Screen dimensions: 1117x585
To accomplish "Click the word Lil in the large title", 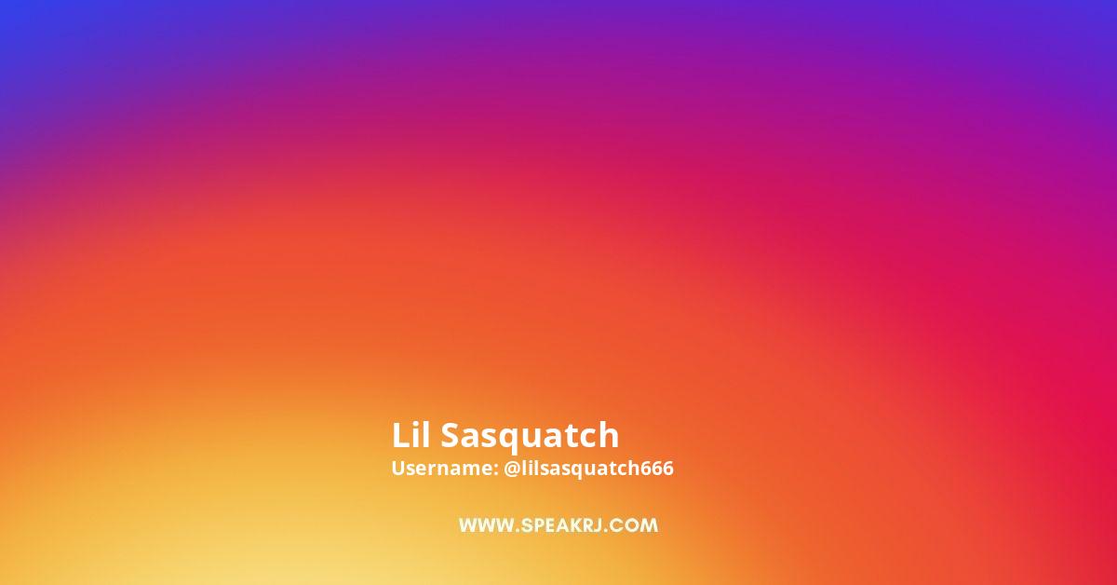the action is tap(410, 435).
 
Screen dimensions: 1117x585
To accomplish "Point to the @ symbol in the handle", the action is tap(512, 469).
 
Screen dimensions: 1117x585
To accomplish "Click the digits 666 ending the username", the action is tap(657, 469).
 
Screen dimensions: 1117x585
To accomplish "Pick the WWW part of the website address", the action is tap(486, 525).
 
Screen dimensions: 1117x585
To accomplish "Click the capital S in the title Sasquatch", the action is tap(451, 435).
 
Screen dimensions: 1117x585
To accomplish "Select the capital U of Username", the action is tap(399, 469).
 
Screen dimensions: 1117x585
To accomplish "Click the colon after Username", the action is tap(495, 470).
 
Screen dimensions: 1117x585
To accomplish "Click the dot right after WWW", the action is tap(518, 530).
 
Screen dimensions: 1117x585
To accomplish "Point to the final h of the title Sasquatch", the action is tap(609, 435).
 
